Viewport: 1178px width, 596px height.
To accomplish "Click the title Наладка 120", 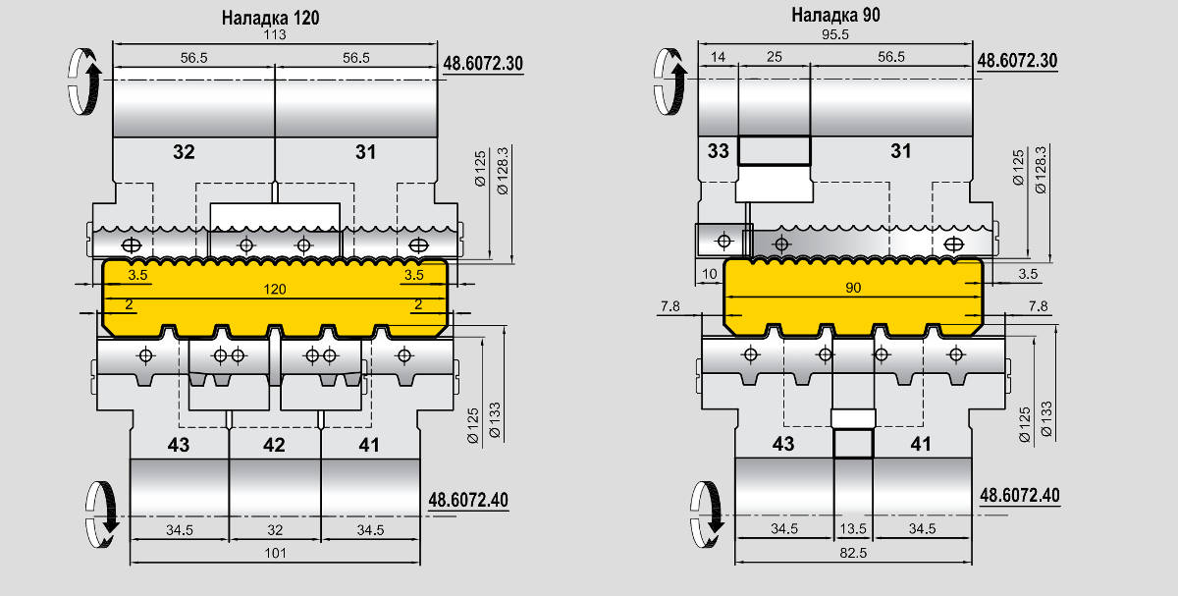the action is click(x=270, y=18).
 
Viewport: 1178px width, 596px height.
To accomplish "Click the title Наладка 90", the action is click(x=835, y=16).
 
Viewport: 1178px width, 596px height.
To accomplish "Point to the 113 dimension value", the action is click(x=275, y=34).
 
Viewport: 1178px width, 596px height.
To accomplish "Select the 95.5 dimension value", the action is click(x=835, y=34).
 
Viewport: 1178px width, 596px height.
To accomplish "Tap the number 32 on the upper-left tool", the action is click(x=185, y=152).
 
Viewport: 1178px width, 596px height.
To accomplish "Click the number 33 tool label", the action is click(x=719, y=151).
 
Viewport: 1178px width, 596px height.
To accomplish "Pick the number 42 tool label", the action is click(x=274, y=445).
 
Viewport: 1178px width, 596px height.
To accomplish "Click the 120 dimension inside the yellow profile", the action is click(x=275, y=290).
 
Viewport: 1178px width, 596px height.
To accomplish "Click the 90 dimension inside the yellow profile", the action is click(x=853, y=288).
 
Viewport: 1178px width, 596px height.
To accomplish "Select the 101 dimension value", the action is click(x=275, y=553).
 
